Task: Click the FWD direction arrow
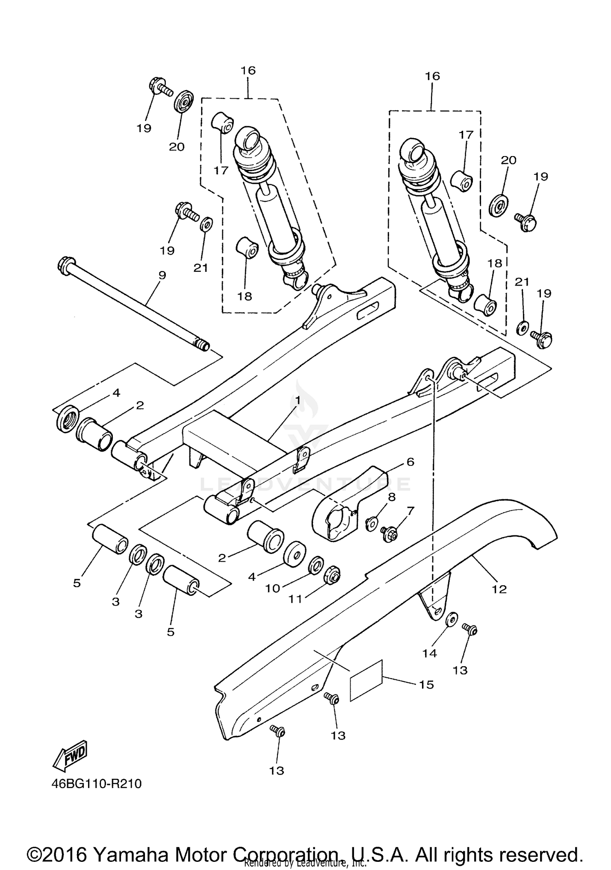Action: point(70,756)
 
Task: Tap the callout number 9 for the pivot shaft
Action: point(162,275)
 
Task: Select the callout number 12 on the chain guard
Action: point(499,589)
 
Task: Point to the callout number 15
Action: point(426,685)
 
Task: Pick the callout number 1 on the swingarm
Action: point(298,401)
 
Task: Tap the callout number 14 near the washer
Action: point(429,653)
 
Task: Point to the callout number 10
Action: point(273,588)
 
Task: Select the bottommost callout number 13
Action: point(276,771)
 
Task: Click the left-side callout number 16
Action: point(248,70)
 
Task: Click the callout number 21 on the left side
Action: point(200,268)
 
